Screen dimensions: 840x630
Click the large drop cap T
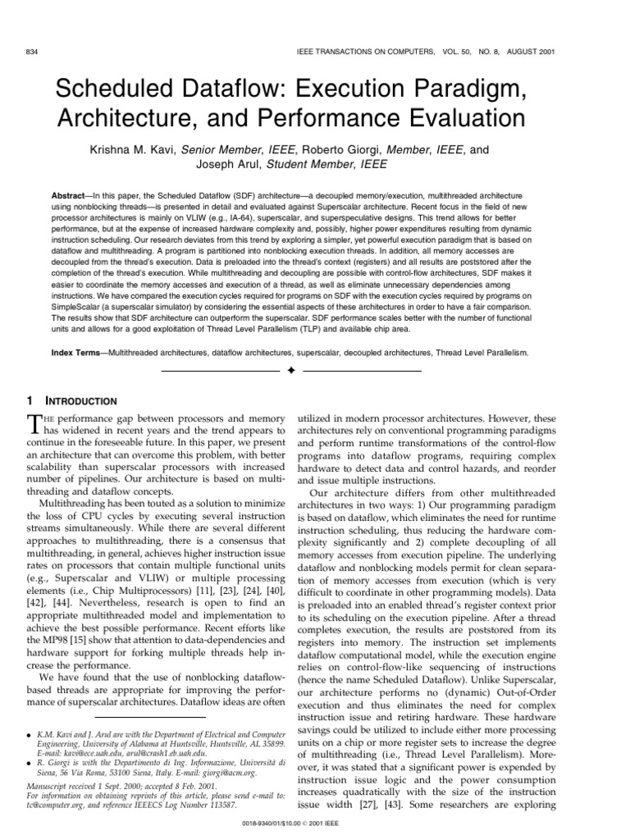(x=34, y=423)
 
